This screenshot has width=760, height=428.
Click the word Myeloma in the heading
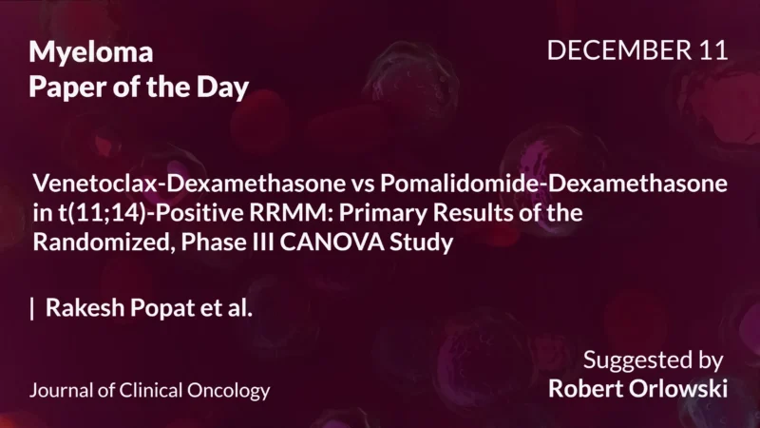point(90,51)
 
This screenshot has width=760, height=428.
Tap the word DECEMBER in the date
point(617,50)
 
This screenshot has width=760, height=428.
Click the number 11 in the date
point(712,50)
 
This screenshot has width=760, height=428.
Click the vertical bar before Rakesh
point(33,309)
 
